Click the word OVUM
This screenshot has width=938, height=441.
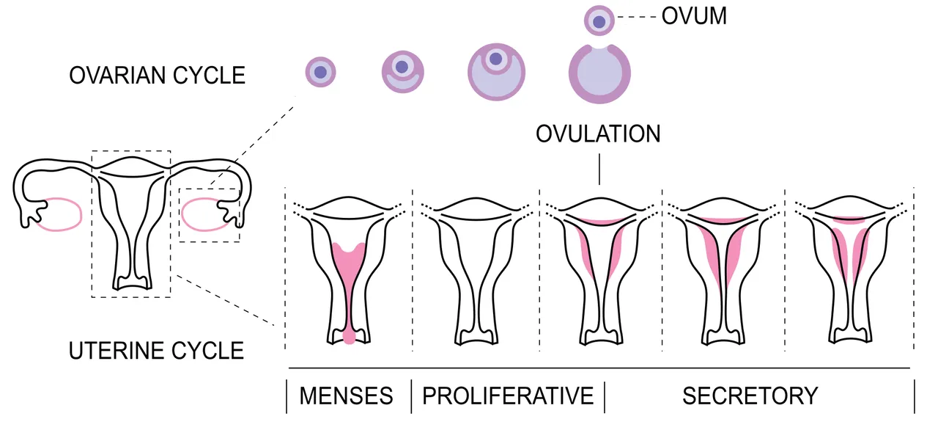coord(694,16)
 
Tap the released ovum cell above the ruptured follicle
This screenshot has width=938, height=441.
coord(599,21)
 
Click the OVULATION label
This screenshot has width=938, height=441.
coord(598,134)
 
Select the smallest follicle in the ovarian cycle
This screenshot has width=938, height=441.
coord(320,72)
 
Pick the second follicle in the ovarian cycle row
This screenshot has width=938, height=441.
coord(403,72)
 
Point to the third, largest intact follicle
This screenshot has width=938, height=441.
coord(497,72)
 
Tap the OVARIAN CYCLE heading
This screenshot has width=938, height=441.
coord(157,76)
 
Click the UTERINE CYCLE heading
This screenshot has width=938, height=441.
coord(156,351)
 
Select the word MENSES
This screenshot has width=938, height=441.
coord(347,396)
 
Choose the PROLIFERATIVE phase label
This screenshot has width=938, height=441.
coord(508,396)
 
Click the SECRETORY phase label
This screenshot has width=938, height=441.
coord(750,396)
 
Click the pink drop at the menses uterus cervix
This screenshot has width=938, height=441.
coord(349,337)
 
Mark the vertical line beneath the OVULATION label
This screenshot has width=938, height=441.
coord(599,169)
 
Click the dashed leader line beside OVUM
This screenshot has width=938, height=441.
coord(637,17)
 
